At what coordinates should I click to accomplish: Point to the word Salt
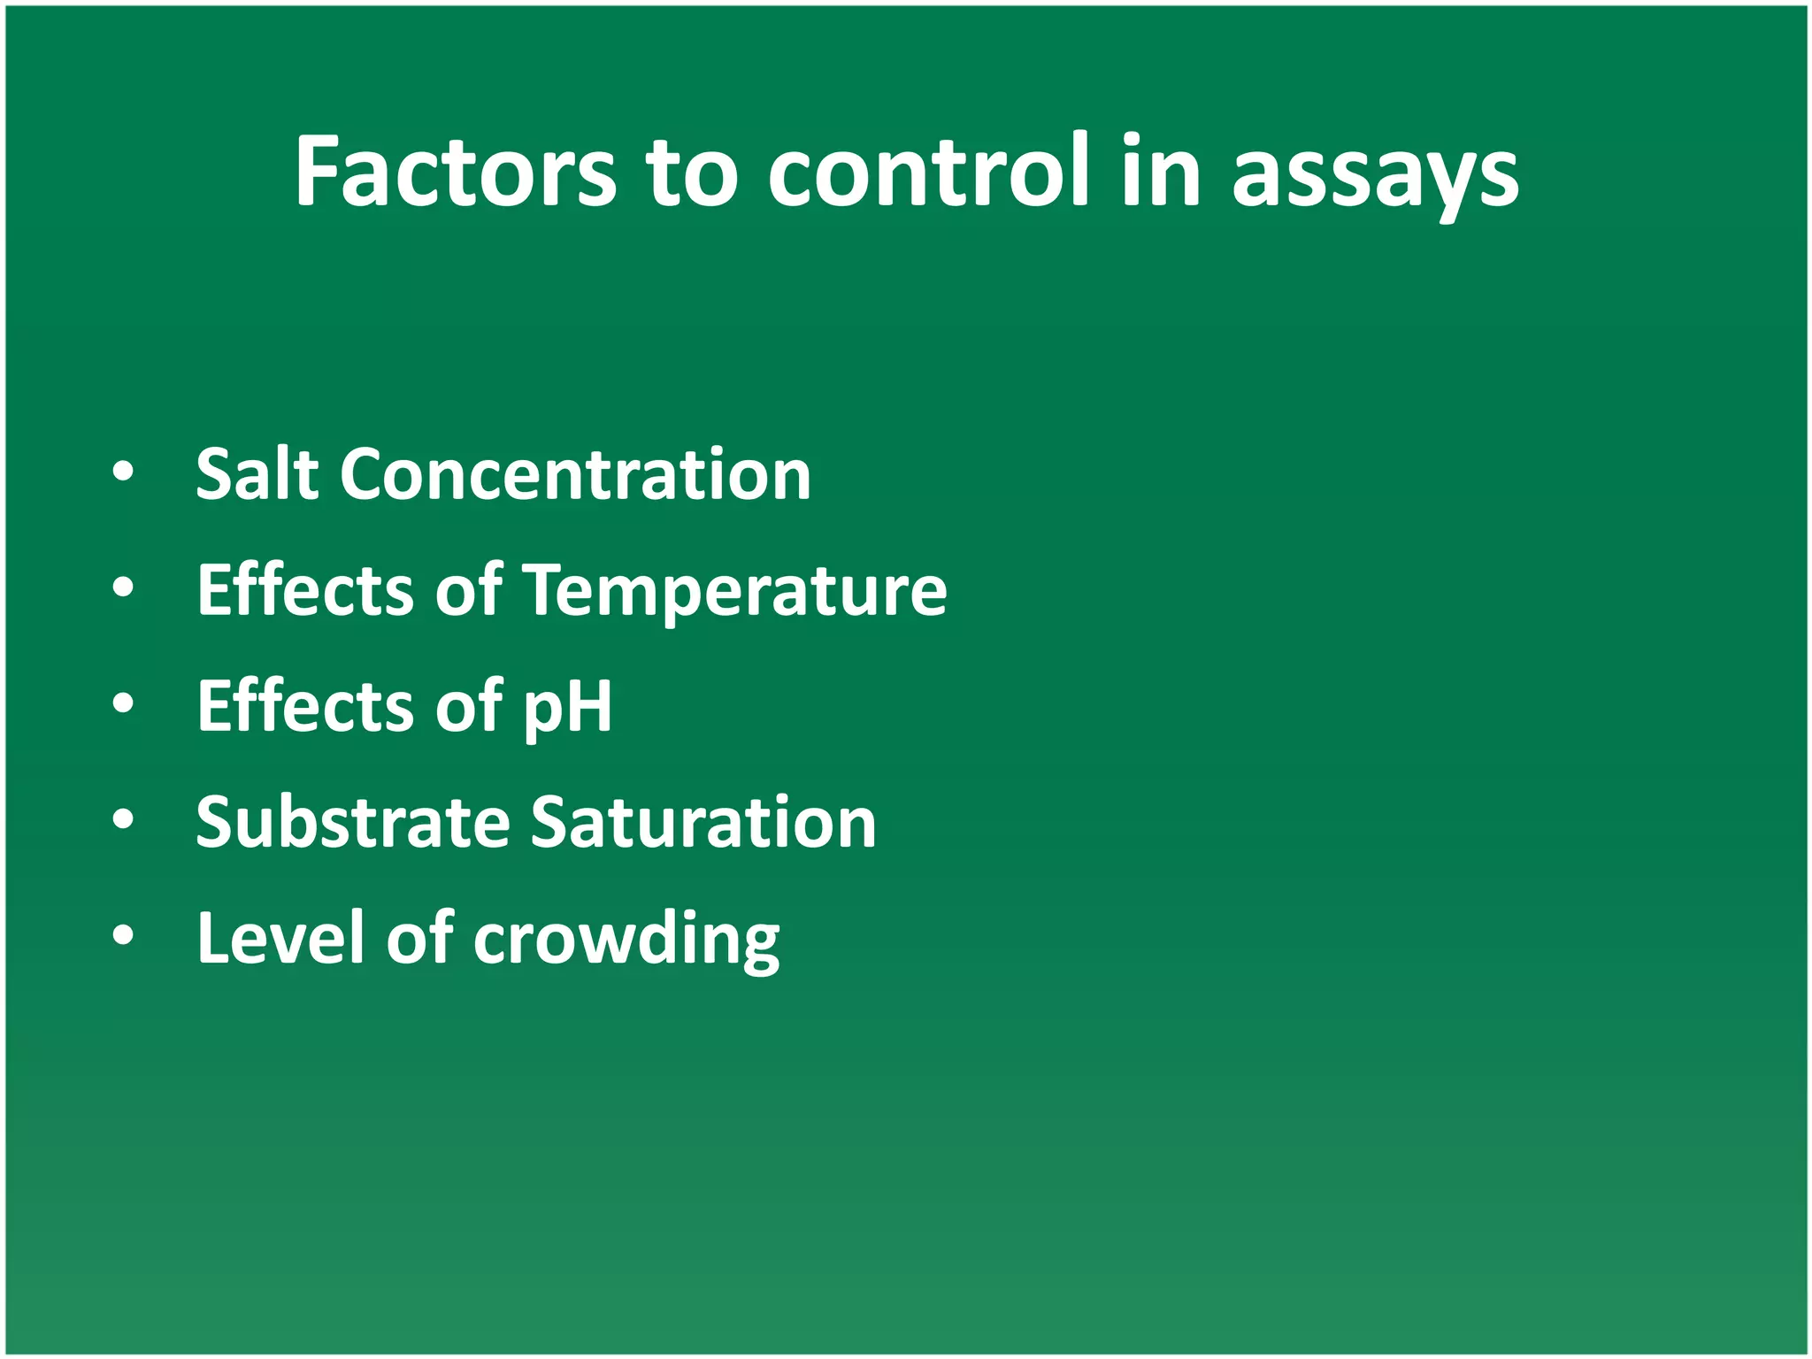click(257, 474)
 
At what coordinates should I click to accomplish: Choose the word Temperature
click(735, 591)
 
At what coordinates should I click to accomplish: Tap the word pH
click(567, 708)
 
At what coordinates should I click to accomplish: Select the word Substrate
click(353, 822)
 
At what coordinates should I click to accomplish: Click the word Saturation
click(703, 822)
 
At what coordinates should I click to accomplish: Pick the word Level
click(280, 938)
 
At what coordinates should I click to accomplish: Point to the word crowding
click(626, 940)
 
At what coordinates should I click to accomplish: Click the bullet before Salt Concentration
click(124, 472)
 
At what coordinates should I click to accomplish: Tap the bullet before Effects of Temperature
click(124, 587)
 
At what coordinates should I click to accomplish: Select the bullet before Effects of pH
click(124, 704)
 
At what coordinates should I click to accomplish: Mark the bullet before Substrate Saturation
click(124, 820)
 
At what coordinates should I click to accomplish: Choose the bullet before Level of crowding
click(124, 936)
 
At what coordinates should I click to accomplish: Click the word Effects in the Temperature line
click(305, 590)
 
